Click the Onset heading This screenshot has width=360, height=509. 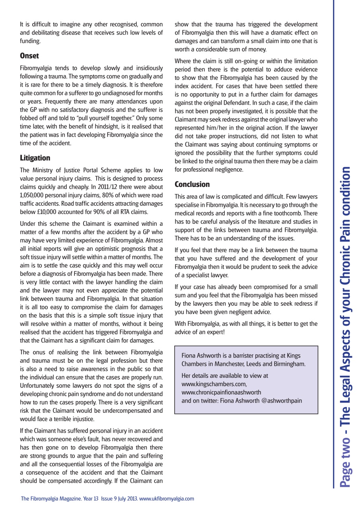29,56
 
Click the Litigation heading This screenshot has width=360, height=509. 35,158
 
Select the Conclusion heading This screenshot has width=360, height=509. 192,184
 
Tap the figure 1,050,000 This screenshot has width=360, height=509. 34,196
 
